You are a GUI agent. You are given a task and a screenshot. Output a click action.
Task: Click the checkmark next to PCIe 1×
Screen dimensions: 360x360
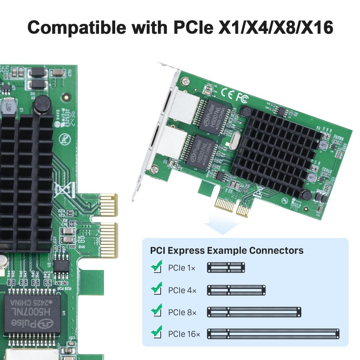(x=156, y=267)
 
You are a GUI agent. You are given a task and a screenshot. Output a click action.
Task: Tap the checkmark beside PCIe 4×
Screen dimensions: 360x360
(x=156, y=289)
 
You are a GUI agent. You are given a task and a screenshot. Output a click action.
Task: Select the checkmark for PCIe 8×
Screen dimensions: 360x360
(x=156, y=310)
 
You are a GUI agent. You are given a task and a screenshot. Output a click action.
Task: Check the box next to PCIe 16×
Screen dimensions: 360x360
(x=156, y=333)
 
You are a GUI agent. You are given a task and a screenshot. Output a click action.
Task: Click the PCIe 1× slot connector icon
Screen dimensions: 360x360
(x=225, y=268)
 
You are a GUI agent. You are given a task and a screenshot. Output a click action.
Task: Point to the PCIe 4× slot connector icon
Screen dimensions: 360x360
(x=236, y=290)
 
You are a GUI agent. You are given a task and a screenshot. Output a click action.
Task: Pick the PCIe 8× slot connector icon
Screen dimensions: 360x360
(x=254, y=311)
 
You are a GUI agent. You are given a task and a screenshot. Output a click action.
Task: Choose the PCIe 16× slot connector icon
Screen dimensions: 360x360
(x=273, y=333)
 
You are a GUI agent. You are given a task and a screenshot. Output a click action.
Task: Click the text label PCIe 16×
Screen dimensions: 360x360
(x=184, y=334)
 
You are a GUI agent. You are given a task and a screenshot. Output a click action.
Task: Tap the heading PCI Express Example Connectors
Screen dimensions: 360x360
(x=226, y=251)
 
